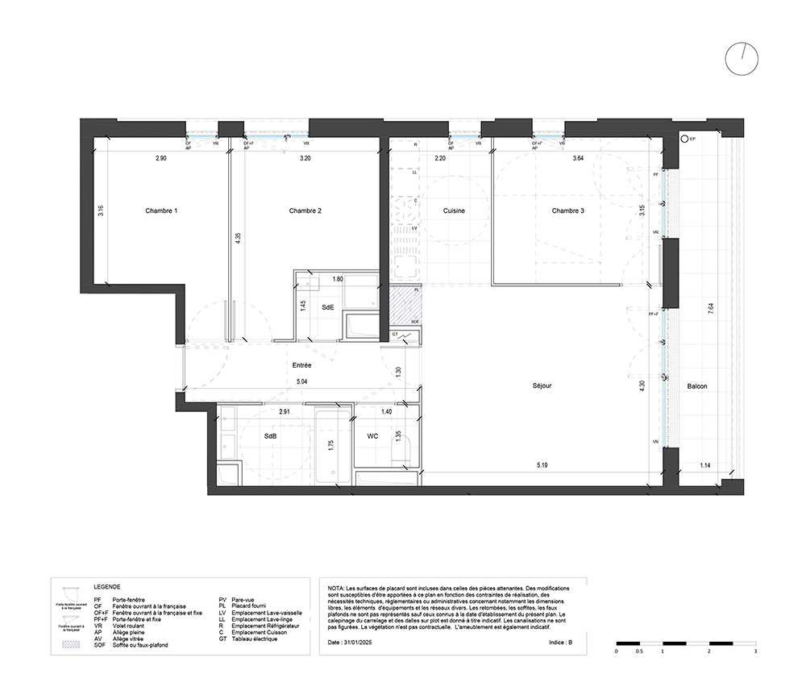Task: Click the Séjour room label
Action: [542, 385]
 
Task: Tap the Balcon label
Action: [697, 387]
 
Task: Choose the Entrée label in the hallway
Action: [302, 365]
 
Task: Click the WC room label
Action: [372, 436]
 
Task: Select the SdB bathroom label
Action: [271, 436]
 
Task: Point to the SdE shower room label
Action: [328, 307]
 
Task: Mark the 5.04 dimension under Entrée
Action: [302, 381]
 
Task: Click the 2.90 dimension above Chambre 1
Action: [161, 158]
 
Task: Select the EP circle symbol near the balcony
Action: [683, 139]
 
